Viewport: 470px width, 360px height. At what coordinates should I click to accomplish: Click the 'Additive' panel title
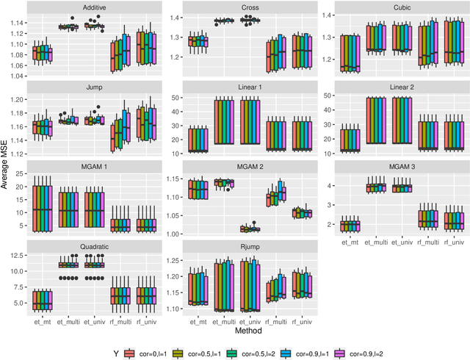(93, 7)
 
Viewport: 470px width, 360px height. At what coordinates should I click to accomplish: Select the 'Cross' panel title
(246, 7)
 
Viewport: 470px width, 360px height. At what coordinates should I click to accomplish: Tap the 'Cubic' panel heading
(395, 7)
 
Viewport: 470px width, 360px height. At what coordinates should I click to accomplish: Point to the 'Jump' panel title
(93, 87)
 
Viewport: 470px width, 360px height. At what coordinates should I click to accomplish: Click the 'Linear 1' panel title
(246, 87)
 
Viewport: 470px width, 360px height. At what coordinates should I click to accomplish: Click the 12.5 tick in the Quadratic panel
(19, 256)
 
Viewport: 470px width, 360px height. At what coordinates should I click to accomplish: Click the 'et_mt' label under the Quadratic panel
(43, 321)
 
